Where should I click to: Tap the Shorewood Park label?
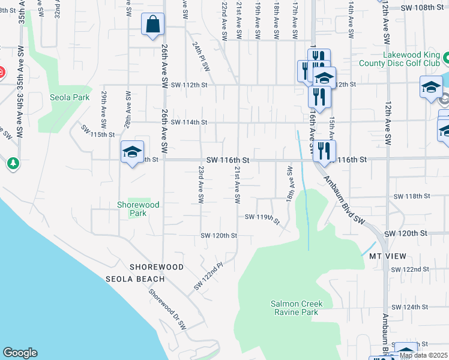[138, 209]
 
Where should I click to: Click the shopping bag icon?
[153, 26]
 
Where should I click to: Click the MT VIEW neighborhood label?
[384, 256]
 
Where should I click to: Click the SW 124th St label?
[409, 307]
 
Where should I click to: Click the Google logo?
[20, 353]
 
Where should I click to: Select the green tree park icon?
[13, 163]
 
